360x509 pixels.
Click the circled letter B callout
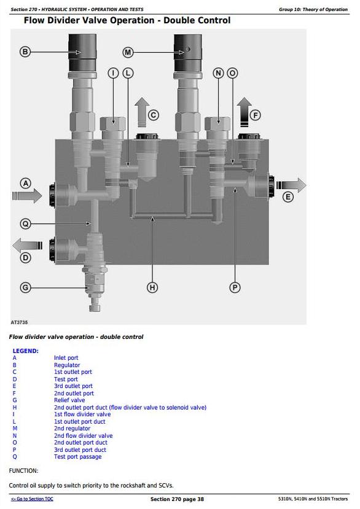tap(25, 52)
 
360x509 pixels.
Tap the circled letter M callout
tap(128, 52)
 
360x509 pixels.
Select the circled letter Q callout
tap(25, 223)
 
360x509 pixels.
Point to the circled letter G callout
tap(25, 287)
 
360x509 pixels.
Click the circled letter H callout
tap(152, 287)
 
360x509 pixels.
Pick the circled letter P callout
tap(235, 287)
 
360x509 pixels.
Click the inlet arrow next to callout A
tap(27, 196)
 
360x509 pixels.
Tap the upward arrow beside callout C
tap(142, 112)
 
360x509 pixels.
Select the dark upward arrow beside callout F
tap(245, 112)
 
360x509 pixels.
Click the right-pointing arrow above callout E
tap(291, 185)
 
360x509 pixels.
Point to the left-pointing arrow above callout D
tap(27, 246)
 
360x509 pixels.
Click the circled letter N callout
tap(218, 73)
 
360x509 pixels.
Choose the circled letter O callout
tap(232, 73)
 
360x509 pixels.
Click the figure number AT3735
tap(19, 322)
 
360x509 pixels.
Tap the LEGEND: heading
tap(26, 351)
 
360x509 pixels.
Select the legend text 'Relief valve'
tap(69, 400)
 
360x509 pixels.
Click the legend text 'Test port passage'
tap(77, 457)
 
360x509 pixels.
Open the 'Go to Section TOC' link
tap(32, 499)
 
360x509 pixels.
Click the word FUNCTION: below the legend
tap(23, 471)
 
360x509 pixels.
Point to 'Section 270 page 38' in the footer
tap(177, 499)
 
